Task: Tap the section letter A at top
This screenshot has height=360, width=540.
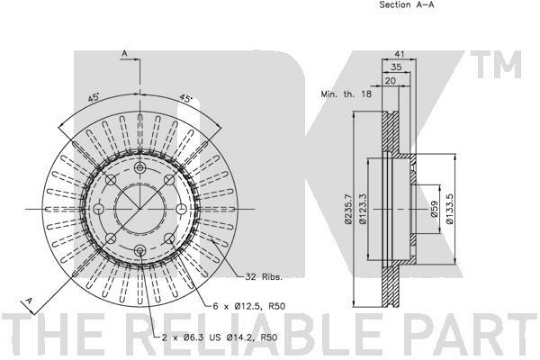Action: click(x=123, y=54)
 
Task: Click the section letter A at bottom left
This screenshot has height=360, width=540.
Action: click(x=29, y=301)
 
